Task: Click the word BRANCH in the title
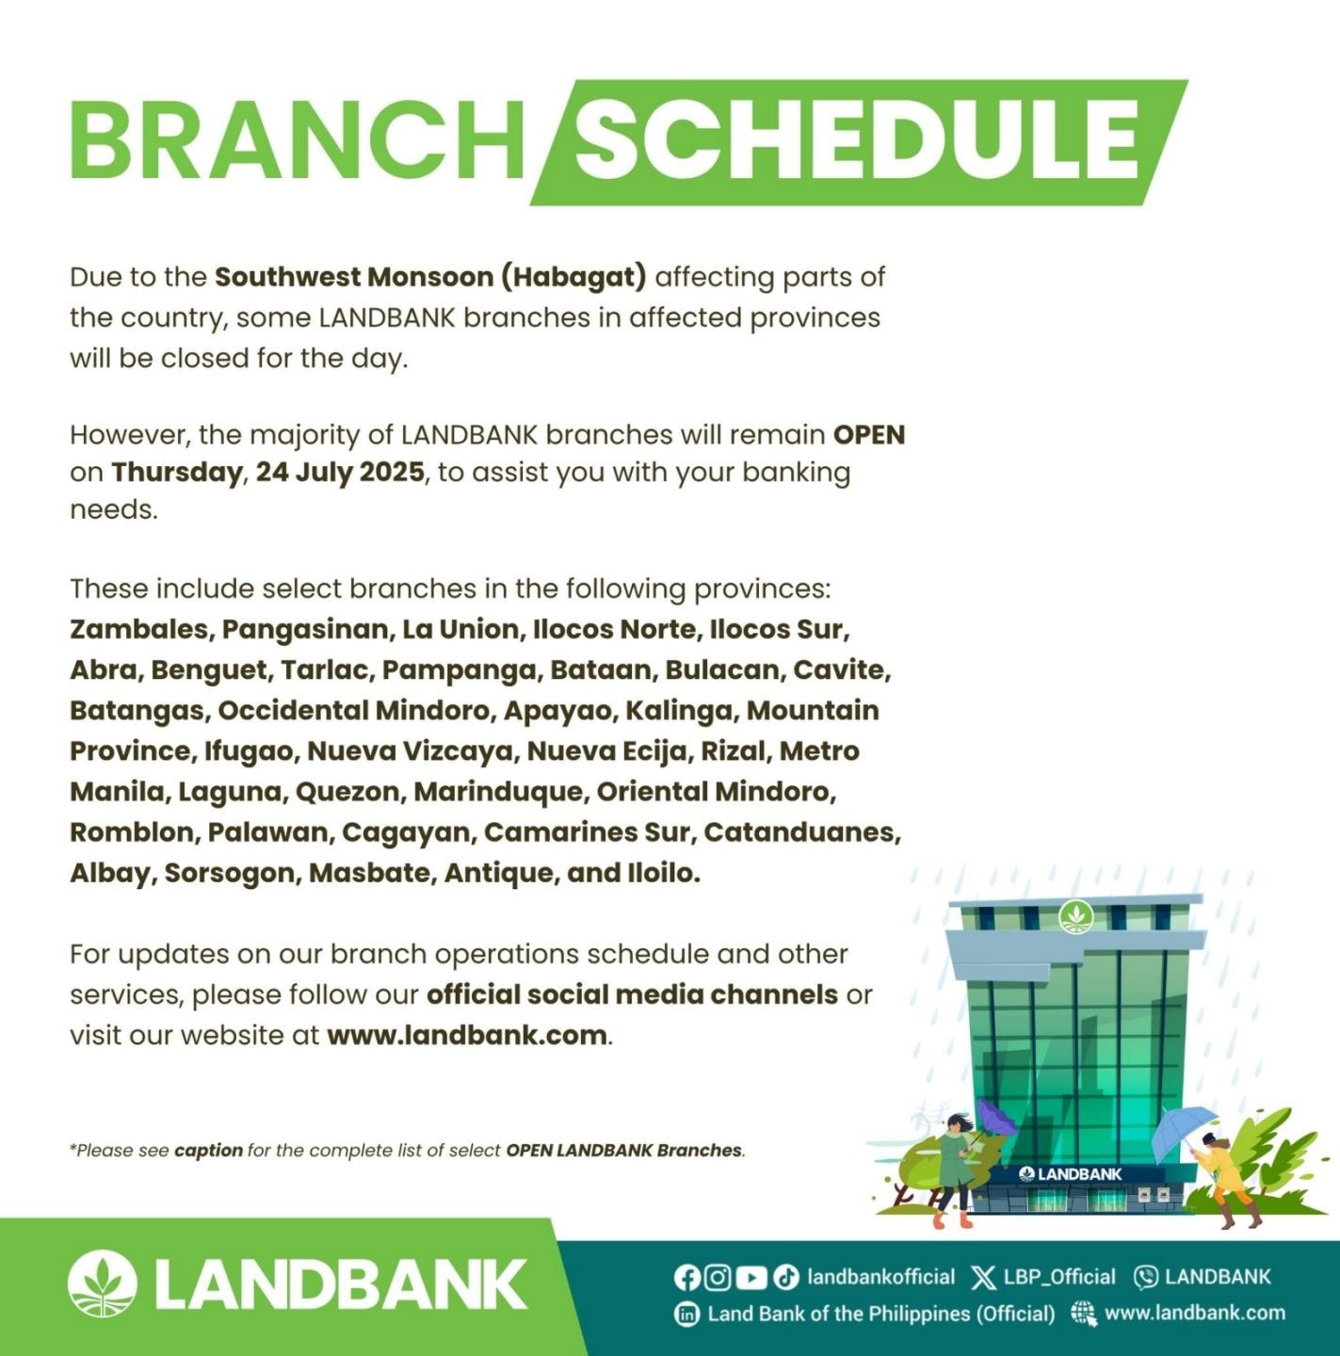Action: coord(297,140)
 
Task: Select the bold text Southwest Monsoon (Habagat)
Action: coord(430,277)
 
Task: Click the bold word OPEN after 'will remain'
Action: coord(869,435)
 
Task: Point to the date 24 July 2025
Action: coord(341,472)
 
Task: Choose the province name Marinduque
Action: coord(502,792)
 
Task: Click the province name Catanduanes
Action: coord(802,832)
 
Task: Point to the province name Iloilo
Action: coord(664,873)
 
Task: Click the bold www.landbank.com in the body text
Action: coord(467,1035)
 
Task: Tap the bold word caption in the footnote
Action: coord(208,1151)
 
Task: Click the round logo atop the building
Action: coord(1076,917)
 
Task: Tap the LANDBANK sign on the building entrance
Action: coord(1071,1174)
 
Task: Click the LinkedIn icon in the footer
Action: coord(686,1314)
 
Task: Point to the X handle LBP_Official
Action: coord(1059,1277)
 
